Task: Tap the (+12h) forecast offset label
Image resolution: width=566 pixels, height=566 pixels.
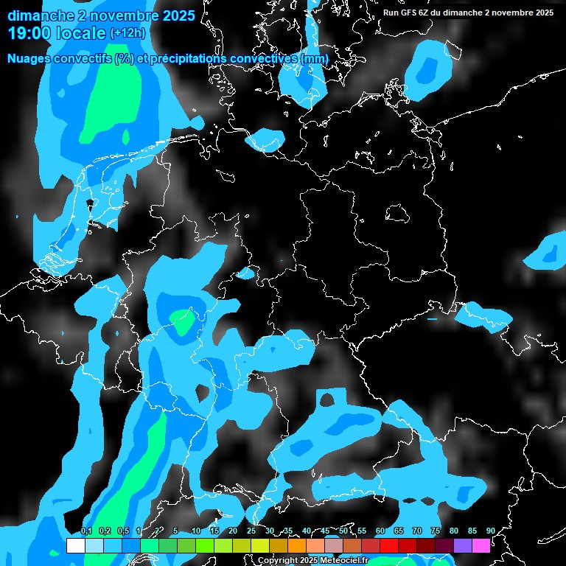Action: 128,32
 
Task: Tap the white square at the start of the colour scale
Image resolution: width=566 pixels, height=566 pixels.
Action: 75,545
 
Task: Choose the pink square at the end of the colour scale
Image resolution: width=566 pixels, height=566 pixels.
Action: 481,545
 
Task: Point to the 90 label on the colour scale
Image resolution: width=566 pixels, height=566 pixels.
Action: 490,531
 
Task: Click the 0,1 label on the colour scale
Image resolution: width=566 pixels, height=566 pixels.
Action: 86,531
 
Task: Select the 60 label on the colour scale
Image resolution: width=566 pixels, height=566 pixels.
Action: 380,531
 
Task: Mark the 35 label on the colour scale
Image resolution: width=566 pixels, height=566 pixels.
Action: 287,531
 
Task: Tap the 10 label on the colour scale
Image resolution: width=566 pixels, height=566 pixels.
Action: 195,531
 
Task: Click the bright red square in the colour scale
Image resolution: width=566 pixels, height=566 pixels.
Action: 389,545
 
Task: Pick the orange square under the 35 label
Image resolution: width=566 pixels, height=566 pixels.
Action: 297,545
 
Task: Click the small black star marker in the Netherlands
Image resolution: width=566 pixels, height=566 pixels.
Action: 91,202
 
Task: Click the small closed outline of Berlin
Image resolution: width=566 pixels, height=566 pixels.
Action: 399,213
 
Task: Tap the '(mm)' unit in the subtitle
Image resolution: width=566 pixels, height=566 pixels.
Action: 315,58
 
